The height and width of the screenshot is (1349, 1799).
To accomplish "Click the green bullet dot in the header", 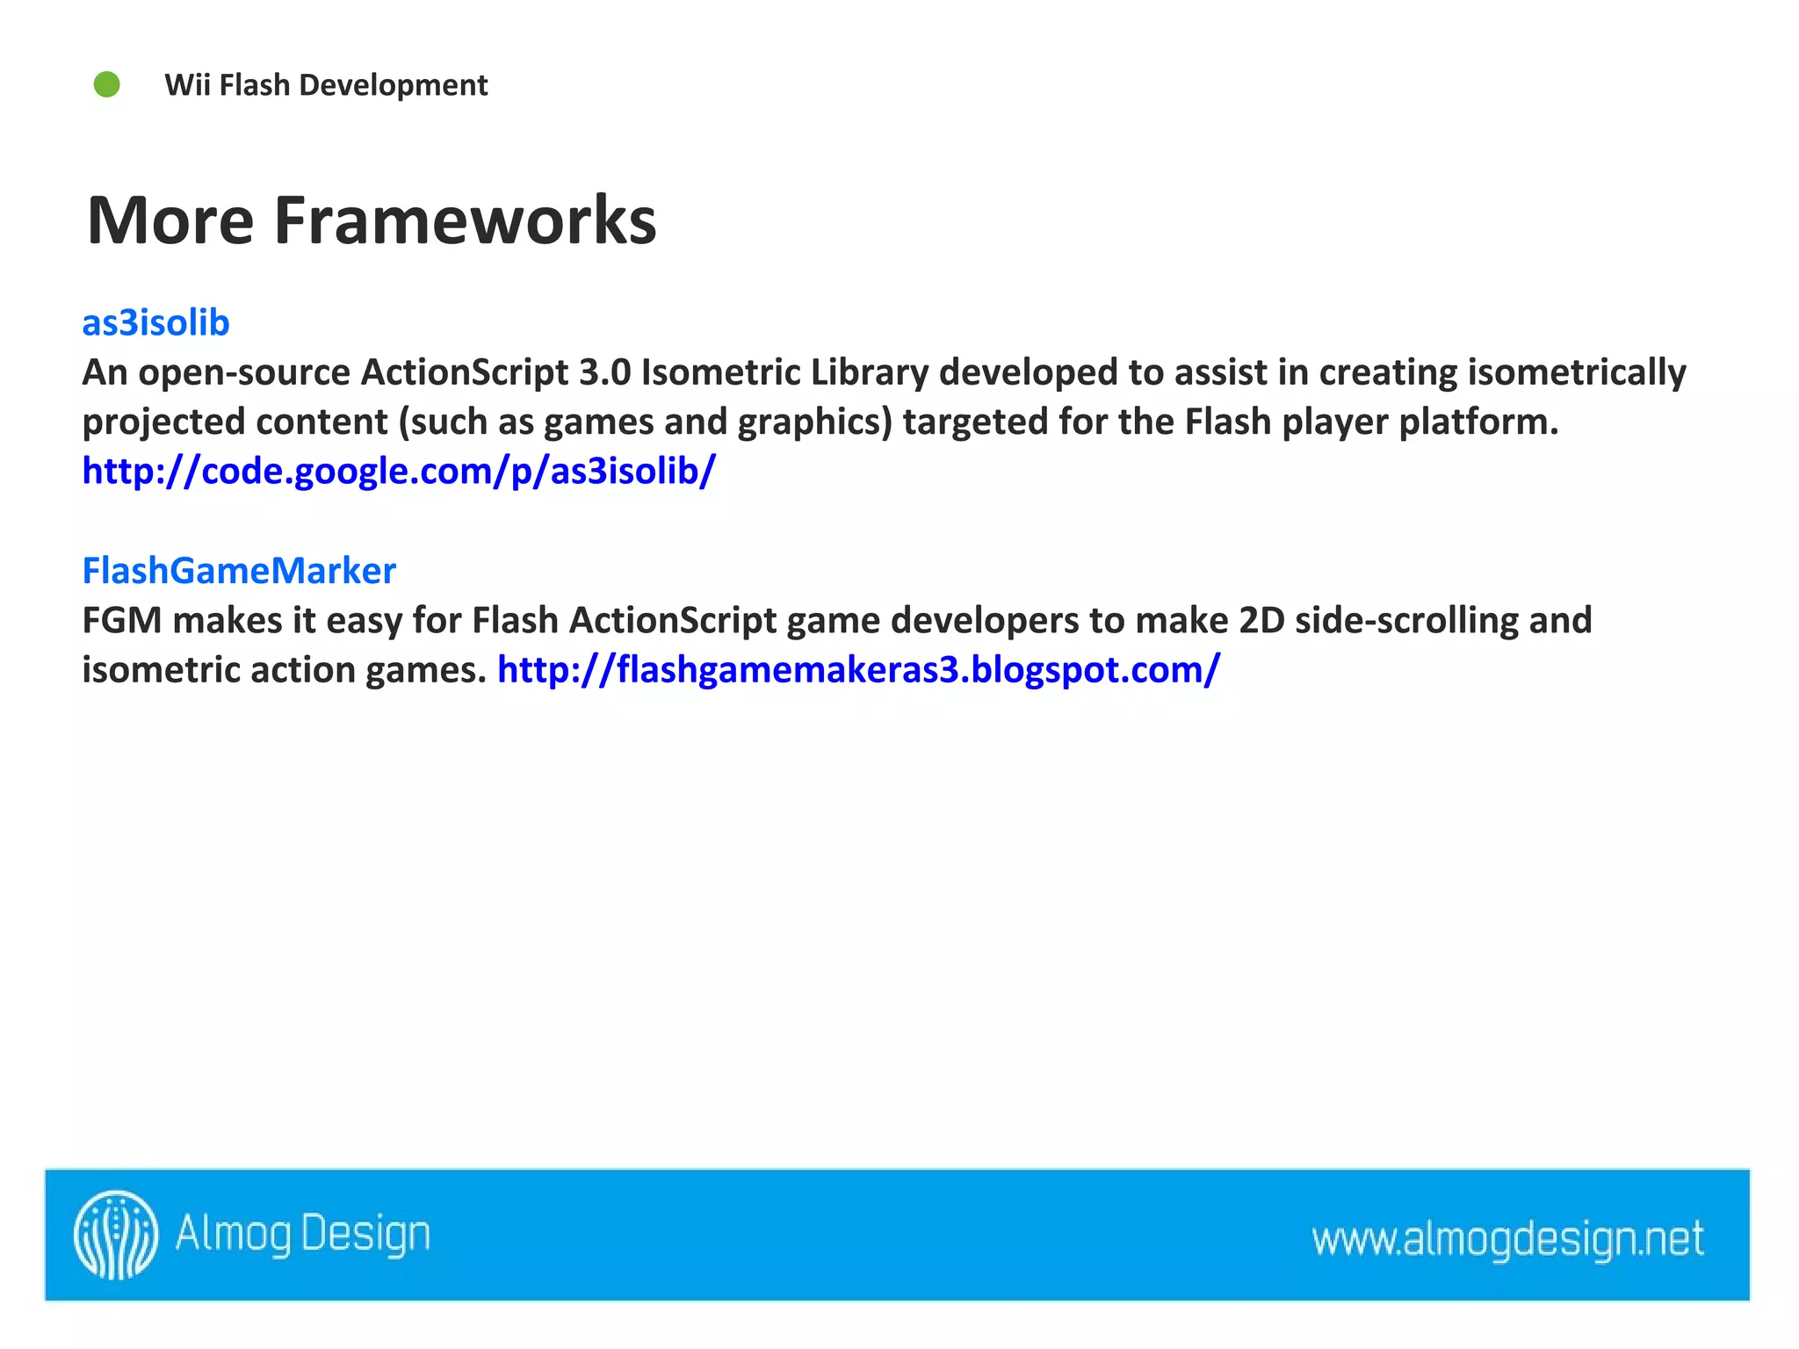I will point(107,85).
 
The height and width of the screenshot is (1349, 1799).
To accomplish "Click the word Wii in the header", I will point(187,85).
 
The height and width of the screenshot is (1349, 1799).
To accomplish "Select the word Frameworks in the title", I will point(465,220).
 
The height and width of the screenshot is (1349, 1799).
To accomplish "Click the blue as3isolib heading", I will point(155,323).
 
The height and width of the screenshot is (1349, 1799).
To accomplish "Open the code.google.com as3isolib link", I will point(399,472).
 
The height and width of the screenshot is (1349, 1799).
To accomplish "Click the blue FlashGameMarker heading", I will point(239,571).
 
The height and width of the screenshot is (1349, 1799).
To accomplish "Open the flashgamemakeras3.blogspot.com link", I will point(858,670).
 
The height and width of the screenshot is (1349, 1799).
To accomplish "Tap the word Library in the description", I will point(869,373).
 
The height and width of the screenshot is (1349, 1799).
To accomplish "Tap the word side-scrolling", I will point(1406,621).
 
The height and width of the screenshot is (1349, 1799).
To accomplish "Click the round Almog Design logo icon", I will point(116,1234).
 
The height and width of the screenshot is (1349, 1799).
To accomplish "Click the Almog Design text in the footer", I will point(303,1234).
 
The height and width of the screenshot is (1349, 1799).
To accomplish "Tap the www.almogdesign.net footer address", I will point(1507,1239).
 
